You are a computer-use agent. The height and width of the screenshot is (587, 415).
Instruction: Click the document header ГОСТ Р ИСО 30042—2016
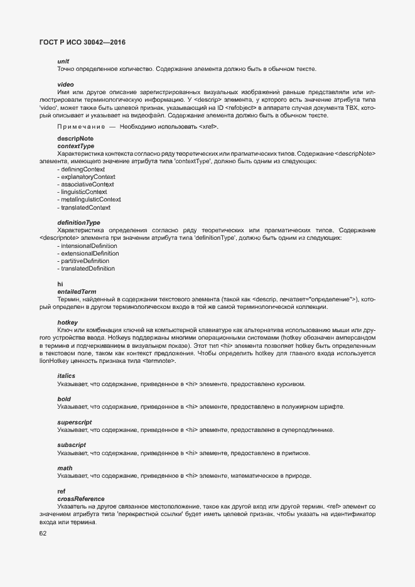pyautogui.click(x=83, y=43)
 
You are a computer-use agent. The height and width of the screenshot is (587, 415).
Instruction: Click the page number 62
pyautogui.click(x=43, y=534)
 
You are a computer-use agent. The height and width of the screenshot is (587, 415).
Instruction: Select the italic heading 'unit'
pyautogui.click(x=63, y=61)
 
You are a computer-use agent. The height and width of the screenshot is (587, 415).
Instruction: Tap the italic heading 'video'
pyautogui.click(x=65, y=84)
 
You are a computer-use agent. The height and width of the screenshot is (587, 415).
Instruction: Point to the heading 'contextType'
pyautogui.click(x=75, y=146)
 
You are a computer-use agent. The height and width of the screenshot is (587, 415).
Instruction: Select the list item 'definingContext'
pyautogui.click(x=82, y=170)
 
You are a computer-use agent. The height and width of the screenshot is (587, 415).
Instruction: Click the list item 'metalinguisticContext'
pyautogui.click(x=90, y=200)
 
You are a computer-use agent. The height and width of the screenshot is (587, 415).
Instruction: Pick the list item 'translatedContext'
pyautogui.click(x=85, y=207)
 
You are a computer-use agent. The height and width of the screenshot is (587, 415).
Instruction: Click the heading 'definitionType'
pyautogui.click(x=78, y=223)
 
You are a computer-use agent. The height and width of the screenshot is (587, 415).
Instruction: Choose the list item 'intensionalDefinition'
pyautogui.click(x=89, y=246)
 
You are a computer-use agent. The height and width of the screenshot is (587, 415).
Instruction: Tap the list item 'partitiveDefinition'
pyautogui.click(x=84, y=261)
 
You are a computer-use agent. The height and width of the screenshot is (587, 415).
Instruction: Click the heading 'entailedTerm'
pyautogui.click(x=77, y=291)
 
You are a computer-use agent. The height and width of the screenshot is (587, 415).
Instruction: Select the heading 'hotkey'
pyautogui.click(x=67, y=322)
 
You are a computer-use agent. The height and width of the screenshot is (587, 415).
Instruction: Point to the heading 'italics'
pyautogui.click(x=67, y=375)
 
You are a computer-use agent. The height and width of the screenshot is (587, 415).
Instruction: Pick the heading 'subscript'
pyautogui.click(x=72, y=445)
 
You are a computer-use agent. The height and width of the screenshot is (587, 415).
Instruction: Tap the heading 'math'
pyautogui.click(x=65, y=468)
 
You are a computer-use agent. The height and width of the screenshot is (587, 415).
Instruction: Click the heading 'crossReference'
pyautogui.click(x=81, y=498)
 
